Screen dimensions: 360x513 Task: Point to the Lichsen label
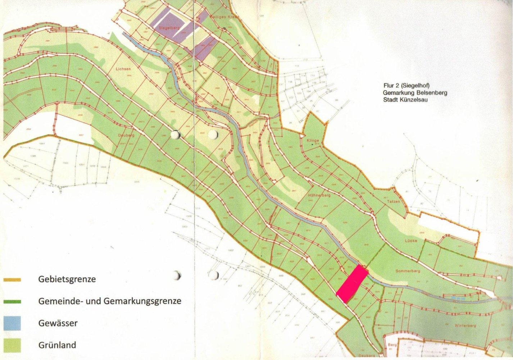click(x=123, y=68)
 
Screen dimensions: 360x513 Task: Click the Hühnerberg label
click(x=319, y=195)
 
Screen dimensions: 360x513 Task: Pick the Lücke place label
click(x=410, y=240)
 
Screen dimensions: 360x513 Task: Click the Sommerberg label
click(x=405, y=271)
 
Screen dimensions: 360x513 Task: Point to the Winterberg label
click(x=465, y=326)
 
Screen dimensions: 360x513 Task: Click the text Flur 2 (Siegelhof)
click(x=407, y=86)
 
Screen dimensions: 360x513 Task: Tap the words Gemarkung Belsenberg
click(x=415, y=93)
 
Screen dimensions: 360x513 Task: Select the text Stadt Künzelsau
click(x=405, y=100)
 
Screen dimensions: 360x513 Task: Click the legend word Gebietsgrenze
click(x=67, y=279)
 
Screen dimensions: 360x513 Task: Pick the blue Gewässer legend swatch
click(x=12, y=323)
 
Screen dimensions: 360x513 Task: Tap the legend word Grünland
click(x=57, y=345)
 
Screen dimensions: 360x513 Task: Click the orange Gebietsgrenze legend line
click(x=12, y=280)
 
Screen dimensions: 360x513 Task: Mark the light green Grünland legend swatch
click(x=12, y=345)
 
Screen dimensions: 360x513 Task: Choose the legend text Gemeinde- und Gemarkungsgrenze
click(x=110, y=301)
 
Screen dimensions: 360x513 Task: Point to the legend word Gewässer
click(x=58, y=323)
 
